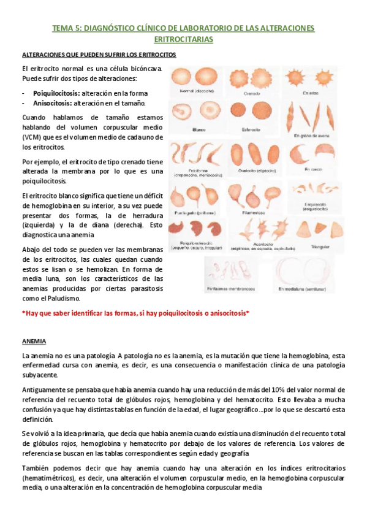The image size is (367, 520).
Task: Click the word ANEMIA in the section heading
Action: coord(32,340)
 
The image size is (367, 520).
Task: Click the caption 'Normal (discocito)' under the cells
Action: coord(195,90)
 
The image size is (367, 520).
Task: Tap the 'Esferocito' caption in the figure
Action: coord(252,129)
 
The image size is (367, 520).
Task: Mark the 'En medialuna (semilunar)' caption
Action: coord(301,288)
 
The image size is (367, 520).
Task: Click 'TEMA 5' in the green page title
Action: coord(67,28)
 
